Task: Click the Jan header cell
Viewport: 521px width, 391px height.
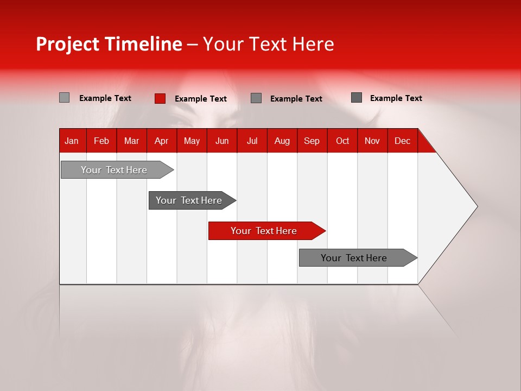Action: click(72, 141)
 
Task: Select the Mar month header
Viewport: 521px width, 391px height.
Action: click(131, 141)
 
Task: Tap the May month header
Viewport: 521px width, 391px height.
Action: click(192, 141)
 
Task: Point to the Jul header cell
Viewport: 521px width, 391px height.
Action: click(252, 141)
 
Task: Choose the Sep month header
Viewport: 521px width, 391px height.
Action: click(312, 141)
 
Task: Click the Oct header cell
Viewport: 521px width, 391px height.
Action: click(342, 141)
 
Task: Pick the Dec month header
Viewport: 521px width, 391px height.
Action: click(402, 141)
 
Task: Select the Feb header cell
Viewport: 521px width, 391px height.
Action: click(101, 141)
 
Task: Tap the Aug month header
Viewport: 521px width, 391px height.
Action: click(282, 141)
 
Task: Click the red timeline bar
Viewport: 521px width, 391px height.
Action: click(264, 231)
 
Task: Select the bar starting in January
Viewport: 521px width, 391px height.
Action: click(114, 170)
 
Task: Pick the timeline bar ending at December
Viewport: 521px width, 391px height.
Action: click(354, 258)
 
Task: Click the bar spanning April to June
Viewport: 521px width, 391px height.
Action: click(189, 200)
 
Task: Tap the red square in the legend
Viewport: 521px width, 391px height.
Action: click(160, 98)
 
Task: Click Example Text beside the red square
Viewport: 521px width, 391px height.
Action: click(200, 99)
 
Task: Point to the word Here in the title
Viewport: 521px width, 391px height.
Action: click(313, 44)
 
